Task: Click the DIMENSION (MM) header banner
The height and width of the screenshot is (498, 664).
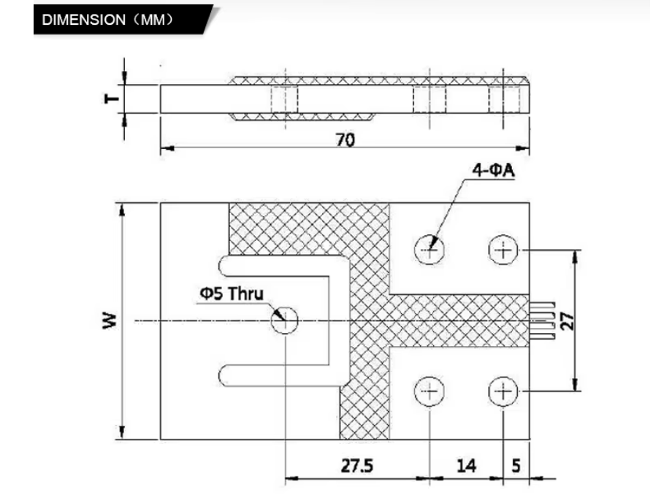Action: [x=123, y=20]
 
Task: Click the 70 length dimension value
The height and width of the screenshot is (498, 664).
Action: [x=345, y=139]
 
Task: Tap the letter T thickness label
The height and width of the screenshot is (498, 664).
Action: [x=112, y=99]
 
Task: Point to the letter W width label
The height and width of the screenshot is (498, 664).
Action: [x=110, y=321]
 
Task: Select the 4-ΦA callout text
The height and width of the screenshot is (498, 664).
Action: [x=493, y=170]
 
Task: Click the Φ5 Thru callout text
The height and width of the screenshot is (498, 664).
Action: [x=232, y=294]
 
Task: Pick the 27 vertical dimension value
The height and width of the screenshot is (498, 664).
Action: [x=567, y=321]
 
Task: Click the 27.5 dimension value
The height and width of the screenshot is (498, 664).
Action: [x=357, y=466]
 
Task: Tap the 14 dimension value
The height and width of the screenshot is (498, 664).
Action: [x=466, y=466]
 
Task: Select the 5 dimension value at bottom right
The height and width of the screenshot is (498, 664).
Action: [x=516, y=466]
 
